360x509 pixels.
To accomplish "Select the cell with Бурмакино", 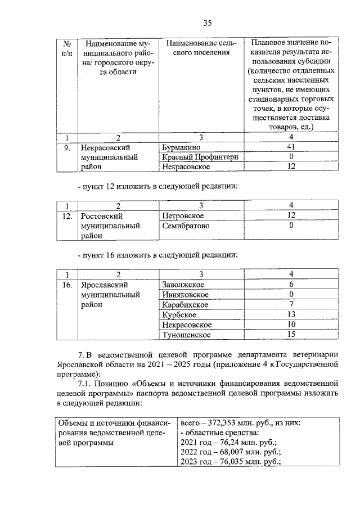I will (x=179, y=148).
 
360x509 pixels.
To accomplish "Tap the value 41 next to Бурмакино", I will (x=291, y=148).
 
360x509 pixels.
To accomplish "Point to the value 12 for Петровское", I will (x=291, y=216).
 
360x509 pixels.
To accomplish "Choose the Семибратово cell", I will (x=185, y=226).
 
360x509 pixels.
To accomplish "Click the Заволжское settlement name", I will (x=182, y=285).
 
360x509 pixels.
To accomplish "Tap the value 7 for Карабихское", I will (x=291, y=305).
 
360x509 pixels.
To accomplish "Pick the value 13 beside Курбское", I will (x=291, y=315).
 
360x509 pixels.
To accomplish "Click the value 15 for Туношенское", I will (x=291, y=335).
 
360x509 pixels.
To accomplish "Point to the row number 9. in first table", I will (x=66, y=148).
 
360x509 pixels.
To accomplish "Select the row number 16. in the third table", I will (x=66, y=285).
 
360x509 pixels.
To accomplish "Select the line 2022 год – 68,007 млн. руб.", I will (x=230, y=452).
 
